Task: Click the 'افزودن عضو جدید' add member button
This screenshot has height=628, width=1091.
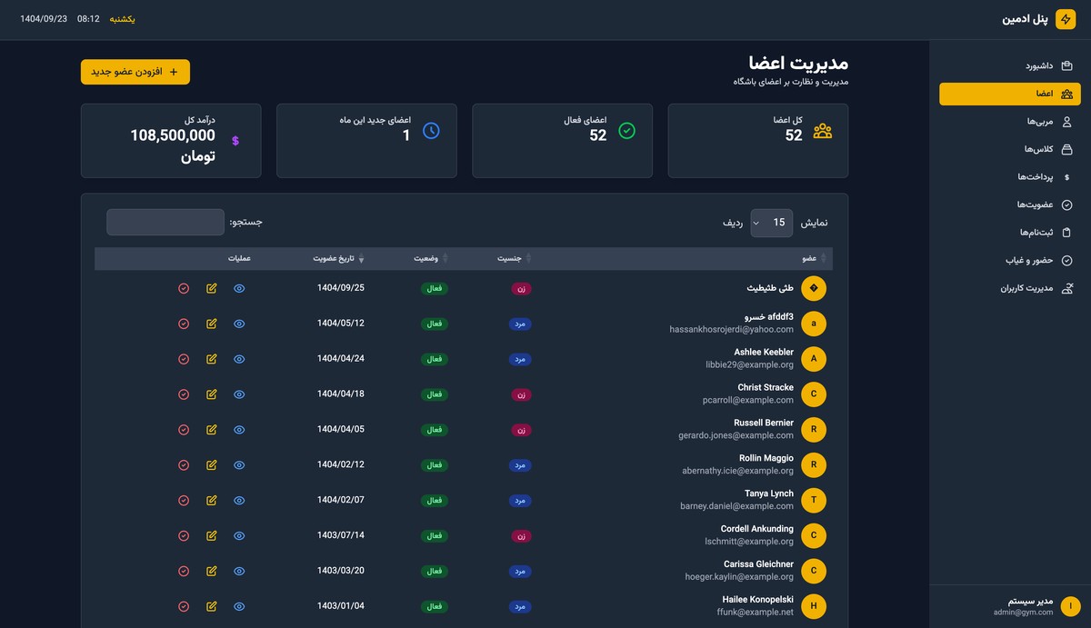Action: point(135,72)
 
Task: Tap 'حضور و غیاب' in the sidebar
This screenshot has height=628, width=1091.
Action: point(1029,260)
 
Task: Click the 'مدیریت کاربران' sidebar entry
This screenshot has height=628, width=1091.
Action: point(1026,288)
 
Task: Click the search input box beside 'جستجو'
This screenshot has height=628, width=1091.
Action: point(165,223)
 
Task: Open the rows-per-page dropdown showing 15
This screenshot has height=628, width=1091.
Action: point(771,223)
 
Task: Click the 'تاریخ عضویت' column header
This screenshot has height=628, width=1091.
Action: point(338,259)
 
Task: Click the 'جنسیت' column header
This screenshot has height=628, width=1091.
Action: point(510,259)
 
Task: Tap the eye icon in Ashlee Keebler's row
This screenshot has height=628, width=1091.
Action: point(239,359)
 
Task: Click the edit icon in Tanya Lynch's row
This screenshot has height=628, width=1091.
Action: point(212,501)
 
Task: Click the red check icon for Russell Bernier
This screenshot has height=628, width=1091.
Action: point(184,430)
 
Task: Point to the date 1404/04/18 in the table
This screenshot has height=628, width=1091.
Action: point(341,394)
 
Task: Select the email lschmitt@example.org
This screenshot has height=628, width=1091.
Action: point(749,542)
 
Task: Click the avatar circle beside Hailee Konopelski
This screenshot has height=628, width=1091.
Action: point(814,606)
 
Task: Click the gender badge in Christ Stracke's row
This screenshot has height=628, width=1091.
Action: point(522,395)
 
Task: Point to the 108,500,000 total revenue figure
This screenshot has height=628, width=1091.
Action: point(173,135)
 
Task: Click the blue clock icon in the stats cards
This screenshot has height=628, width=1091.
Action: point(431,131)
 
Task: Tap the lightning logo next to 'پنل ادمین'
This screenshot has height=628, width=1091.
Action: point(1066,19)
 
